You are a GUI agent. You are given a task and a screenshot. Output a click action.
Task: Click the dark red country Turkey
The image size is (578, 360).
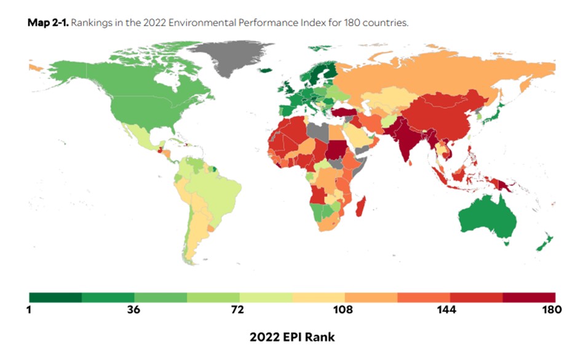pyautogui.click(x=341, y=113)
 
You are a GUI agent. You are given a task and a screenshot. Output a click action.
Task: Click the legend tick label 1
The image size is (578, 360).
pyautogui.click(x=29, y=310)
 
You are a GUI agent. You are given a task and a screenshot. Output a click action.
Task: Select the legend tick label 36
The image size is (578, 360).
pyautogui.click(x=134, y=310)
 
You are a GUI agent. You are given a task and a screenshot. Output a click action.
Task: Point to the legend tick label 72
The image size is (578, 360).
pyautogui.click(x=239, y=310)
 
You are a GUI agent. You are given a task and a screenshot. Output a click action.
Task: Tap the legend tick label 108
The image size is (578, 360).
pyautogui.click(x=344, y=310)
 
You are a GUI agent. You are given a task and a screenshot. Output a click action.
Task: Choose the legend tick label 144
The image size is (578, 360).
pyautogui.click(x=449, y=310)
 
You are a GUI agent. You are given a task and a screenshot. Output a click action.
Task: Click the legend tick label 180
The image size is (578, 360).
pyautogui.click(x=553, y=310)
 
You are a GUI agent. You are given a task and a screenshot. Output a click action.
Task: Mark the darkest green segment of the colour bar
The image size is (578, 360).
pyautogui.click(x=55, y=297)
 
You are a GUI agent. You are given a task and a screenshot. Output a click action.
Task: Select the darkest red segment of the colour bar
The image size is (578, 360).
pyautogui.click(x=529, y=297)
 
